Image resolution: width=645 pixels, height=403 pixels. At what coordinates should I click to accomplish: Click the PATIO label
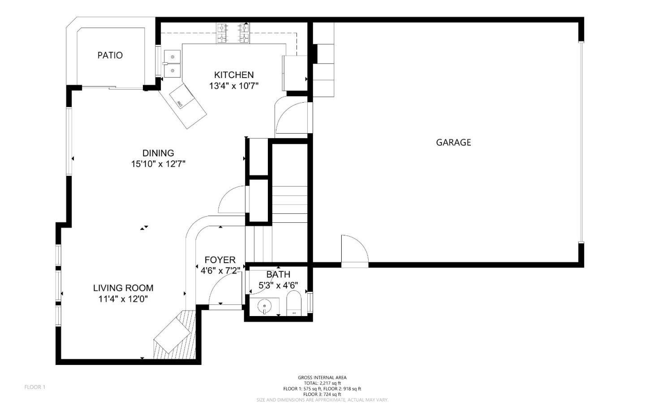[110, 55]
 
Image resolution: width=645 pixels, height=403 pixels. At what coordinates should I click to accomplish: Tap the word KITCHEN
[234, 75]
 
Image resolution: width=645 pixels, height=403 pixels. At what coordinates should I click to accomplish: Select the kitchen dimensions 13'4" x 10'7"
[234, 86]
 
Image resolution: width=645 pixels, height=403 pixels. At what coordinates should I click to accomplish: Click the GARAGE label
[453, 143]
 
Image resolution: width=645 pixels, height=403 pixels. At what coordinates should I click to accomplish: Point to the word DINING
[159, 153]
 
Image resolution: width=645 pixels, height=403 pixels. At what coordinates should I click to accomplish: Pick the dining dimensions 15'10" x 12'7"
[159, 164]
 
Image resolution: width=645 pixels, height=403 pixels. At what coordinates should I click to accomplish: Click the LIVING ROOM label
[123, 288]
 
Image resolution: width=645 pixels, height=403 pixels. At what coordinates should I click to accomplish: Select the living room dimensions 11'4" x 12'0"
[123, 299]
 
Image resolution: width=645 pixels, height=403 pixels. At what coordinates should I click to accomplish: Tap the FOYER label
[220, 260]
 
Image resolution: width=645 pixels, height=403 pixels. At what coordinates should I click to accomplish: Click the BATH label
[278, 274]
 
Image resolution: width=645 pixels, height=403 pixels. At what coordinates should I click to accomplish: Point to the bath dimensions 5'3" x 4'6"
[278, 286]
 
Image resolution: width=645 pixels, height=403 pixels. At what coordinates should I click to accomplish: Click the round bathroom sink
[264, 306]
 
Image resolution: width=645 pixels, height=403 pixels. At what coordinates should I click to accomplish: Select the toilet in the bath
[294, 303]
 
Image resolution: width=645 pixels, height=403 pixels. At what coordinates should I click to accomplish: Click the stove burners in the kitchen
[233, 33]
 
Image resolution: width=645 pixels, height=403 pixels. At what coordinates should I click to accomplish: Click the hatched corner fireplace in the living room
[176, 335]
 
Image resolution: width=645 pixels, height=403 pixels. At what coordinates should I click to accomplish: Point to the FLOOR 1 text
[35, 387]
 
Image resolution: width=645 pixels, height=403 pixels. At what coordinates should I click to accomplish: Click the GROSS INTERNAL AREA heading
[322, 377]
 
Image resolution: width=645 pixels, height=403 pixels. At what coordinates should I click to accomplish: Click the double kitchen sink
[172, 64]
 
